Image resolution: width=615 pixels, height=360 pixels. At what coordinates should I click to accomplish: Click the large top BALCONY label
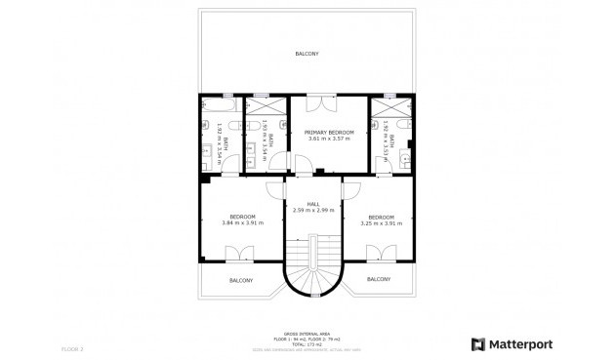pyautogui.click(x=307, y=53)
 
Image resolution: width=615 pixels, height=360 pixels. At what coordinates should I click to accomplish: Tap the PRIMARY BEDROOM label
pyautogui.click(x=328, y=132)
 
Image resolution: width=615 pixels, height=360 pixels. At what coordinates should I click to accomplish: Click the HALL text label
pyautogui.click(x=313, y=203)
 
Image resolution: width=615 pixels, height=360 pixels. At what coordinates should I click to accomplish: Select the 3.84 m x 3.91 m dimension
pyautogui.click(x=242, y=223)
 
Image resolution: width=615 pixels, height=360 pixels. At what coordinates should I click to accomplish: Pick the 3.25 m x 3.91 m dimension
pyautogui.click(x=381, y=223)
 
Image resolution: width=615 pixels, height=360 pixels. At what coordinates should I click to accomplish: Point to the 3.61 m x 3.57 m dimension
pyautogui.click(x=328, y=139)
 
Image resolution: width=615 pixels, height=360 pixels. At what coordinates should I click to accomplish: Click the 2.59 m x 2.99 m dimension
pyautogui.click(x=313, y=210)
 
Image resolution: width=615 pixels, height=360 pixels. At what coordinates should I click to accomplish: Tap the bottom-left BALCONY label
pyautogui.click(x=242, y=281)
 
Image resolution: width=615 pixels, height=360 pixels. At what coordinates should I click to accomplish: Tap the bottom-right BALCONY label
pyautogui.click(x=380, y=279)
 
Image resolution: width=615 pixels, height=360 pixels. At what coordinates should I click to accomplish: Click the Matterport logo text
pyautogui.click(x=517, y=343)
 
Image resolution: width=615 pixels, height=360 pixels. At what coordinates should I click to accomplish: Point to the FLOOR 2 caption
pyautogui.click(x=73, y=348)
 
